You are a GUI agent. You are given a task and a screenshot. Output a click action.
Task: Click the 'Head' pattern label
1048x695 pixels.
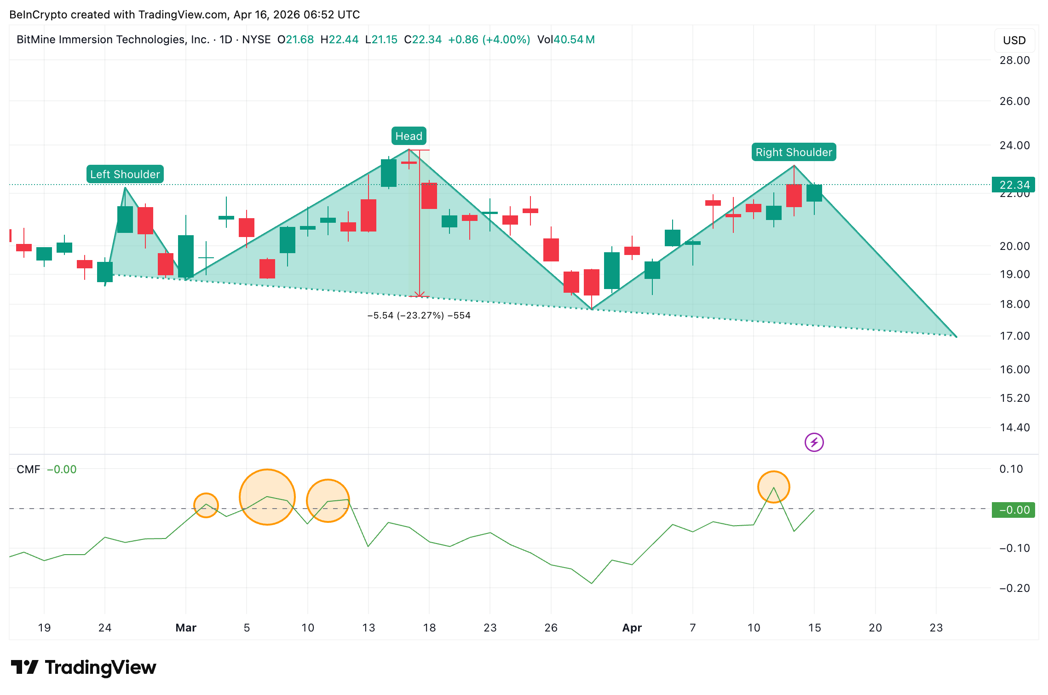click(409, 136)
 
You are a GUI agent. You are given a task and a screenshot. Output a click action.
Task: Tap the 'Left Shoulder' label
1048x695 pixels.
click(125, 174)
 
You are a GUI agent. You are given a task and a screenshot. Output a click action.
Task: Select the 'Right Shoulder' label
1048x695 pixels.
click(794, 152)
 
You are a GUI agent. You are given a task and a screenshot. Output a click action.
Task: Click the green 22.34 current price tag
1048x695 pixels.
click(1013, 185)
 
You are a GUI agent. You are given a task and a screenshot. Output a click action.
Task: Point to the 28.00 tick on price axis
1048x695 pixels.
click(1014, 60)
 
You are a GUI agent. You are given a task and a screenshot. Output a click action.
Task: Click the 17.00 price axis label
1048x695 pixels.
click(1014, 336)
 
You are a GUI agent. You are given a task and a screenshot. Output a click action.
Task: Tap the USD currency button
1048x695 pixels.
click(1014, 41)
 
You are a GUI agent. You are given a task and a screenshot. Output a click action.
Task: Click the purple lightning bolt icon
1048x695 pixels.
click(814, 442)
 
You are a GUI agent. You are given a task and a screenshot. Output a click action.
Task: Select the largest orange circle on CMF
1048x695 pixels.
click(267, 497)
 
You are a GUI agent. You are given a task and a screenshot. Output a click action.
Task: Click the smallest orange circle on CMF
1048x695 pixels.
click(206, 505)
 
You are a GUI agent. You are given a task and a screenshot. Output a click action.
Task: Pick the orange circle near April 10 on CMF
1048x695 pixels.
click(773, 487)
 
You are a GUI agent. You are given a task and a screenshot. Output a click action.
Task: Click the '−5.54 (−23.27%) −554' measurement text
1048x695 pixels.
click(419, 316)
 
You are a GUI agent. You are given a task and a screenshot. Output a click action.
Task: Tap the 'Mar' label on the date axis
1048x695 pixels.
click(186, 628)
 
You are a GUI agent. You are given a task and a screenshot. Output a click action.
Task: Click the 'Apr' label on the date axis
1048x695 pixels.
click(632, 628)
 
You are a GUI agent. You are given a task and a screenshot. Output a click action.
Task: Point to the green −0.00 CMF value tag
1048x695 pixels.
click(1013, 510)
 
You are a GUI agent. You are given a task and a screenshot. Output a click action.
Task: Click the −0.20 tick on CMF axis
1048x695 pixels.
click(1014, 588)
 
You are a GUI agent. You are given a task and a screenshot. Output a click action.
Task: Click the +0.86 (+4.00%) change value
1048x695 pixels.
click(489, 40)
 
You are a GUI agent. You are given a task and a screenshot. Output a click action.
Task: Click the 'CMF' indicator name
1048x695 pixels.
click(28, 469)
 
